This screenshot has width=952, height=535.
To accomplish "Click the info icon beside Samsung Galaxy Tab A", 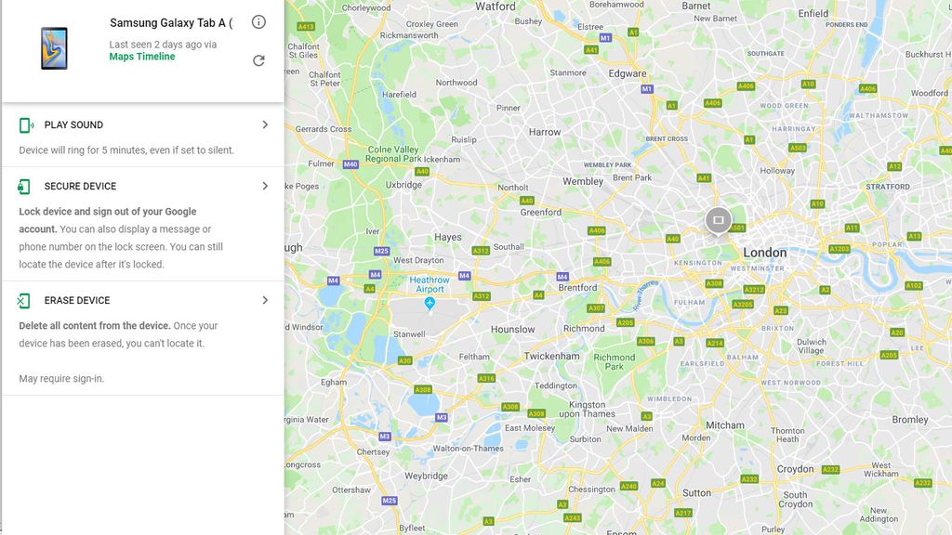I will pyautogui.click(x=258, y=22).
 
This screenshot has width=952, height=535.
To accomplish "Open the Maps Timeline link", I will pyautogui.click(x=142, y=57).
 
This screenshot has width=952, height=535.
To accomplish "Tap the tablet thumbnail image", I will pyautogui.click(x=54, y=47).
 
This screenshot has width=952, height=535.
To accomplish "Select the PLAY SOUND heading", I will pyautogui.click(x=73, y=124).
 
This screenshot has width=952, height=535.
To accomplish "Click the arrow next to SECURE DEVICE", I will pyautogui.click(x=265, y=186).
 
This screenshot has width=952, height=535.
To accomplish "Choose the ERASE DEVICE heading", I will pyautogui.click(x=77, y=300).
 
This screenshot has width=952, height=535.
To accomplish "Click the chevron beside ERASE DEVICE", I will pyautogui.click(x=265, y=300).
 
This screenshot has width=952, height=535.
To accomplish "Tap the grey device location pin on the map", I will pyautogui.click(x=718, y=221).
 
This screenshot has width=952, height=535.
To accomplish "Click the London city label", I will pyautogui.click(x=764, y=253).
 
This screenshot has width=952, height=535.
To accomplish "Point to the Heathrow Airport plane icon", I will pyautogui.click(x=430, y=303).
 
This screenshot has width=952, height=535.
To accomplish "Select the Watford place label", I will pyautogui.click(x=496, y=7).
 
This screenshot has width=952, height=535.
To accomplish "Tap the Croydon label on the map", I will pyautogui.click(x=795, y=469).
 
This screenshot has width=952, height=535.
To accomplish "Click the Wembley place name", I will pyautogui.click(x=583, y=181).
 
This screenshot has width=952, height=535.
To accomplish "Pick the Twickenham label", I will pyautogui.click(x=551, y=356).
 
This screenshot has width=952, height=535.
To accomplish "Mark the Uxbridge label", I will pyautogui.click(x=403, y=185).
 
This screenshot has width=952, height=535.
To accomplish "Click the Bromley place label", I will pyautogui.click(x=909, y=420).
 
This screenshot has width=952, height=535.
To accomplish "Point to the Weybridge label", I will pyautogui.click(x=427, y=476).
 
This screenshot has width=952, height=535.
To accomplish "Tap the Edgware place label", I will pyautogui.click(x=628, y=73).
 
